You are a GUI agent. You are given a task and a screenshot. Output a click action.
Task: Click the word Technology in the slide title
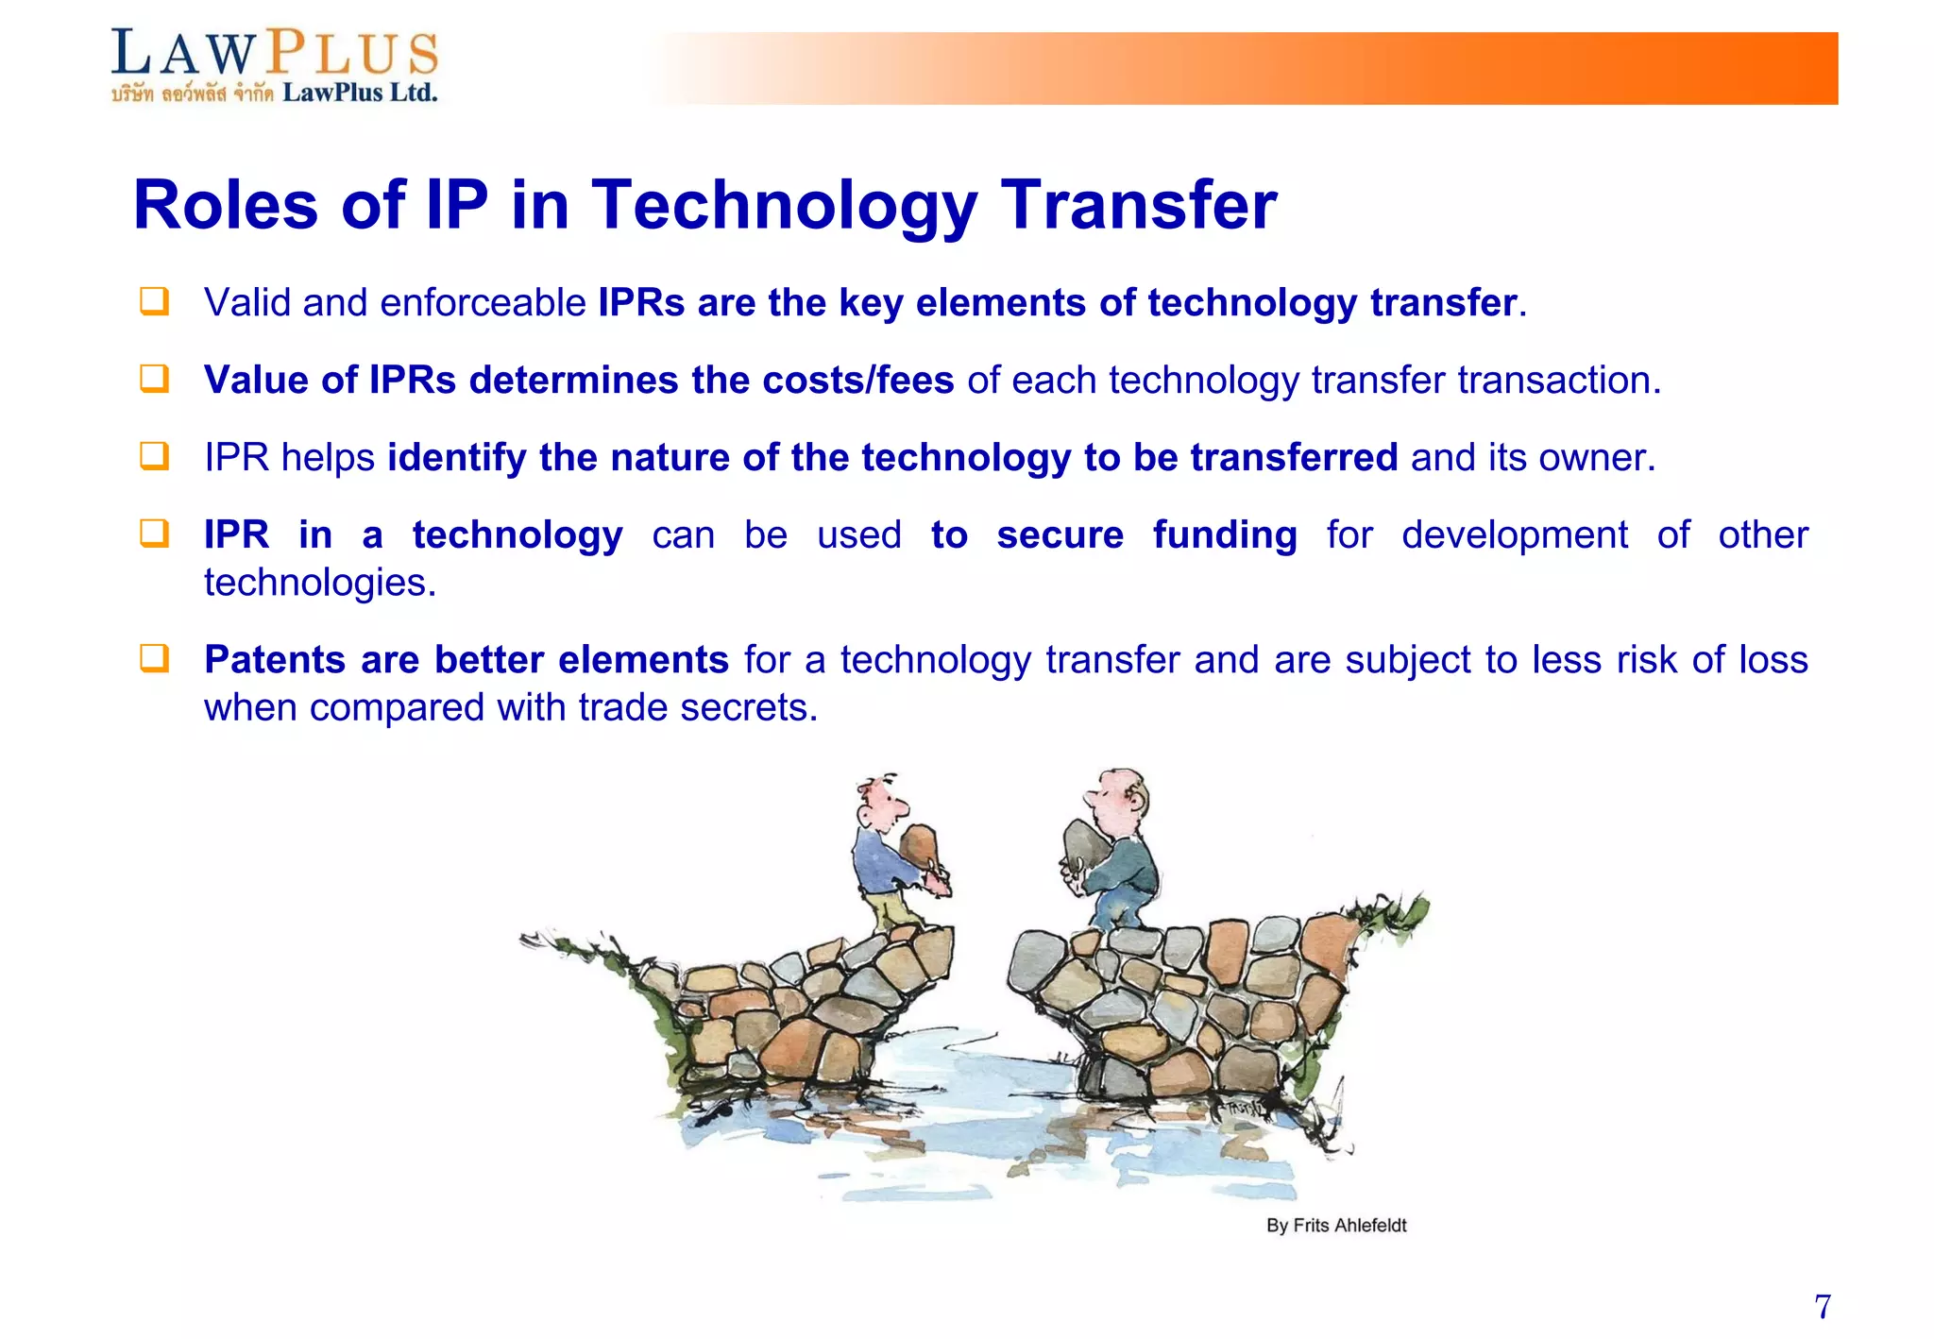coord(784,206)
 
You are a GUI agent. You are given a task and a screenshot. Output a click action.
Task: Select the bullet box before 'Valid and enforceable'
coord(154,301)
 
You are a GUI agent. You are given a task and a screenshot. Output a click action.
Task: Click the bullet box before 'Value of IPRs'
coord(154,379)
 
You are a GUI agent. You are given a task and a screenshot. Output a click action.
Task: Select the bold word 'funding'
coord(1224,535)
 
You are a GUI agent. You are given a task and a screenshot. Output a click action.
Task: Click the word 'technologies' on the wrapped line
coord(319,584)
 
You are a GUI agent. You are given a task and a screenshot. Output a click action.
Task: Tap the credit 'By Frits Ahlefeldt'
coord(1335,1226)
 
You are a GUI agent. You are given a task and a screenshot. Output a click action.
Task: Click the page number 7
coord(1822,1307)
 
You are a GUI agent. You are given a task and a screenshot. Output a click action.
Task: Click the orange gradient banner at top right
coord(1417,68)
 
